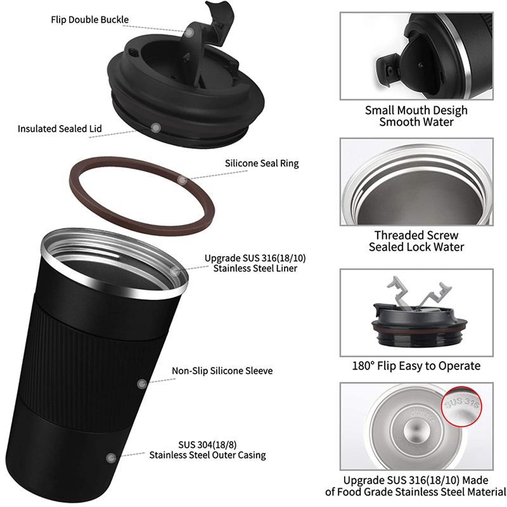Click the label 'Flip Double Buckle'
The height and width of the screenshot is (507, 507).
[x=89, y=20]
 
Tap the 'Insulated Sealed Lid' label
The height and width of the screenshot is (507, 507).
[x=60, y=129]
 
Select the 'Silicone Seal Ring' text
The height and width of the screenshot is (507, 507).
[x=262, y=164]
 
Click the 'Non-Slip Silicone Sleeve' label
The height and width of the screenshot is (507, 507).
[x=222, y=371]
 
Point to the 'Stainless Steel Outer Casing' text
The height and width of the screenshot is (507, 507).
[x=208, y=455]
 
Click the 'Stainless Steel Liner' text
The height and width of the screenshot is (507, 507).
[x=255, y=268]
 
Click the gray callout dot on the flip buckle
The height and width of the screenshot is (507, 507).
[x=189, y=32]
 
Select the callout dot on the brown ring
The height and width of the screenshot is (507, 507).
[x=183, y=179]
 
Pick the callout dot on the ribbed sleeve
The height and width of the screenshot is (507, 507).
[x=142, y=384]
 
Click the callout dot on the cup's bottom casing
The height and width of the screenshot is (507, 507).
[x=111, y=458]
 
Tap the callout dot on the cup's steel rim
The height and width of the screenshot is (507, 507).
[x=175, y=271]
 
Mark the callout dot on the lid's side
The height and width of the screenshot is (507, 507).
[x=156, y=128]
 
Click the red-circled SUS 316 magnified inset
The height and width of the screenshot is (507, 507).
[x=461, y=406]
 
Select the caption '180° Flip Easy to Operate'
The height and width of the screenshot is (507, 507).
[x=416, y=366]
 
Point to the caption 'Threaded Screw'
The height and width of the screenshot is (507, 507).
[x=416, y=235]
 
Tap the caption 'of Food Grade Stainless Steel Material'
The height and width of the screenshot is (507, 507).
[x=416, y=492]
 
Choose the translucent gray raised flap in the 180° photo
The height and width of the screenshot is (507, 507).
[x=417, y=294]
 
